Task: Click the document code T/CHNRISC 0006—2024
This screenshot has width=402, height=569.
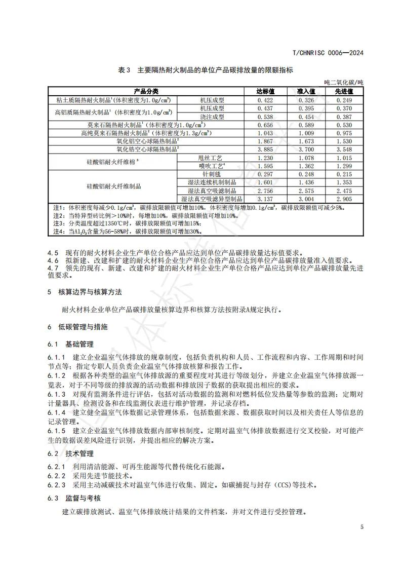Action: click(329, 53)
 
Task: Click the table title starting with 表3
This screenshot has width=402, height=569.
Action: click(206, 70)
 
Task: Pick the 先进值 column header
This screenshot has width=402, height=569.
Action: click(344, 92)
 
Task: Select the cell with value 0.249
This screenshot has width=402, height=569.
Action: click(344, 100)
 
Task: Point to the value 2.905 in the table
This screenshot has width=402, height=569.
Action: click(344, 199)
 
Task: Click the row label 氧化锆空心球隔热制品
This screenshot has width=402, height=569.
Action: click(147, 149)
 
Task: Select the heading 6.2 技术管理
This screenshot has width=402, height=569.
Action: click(70, 453)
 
